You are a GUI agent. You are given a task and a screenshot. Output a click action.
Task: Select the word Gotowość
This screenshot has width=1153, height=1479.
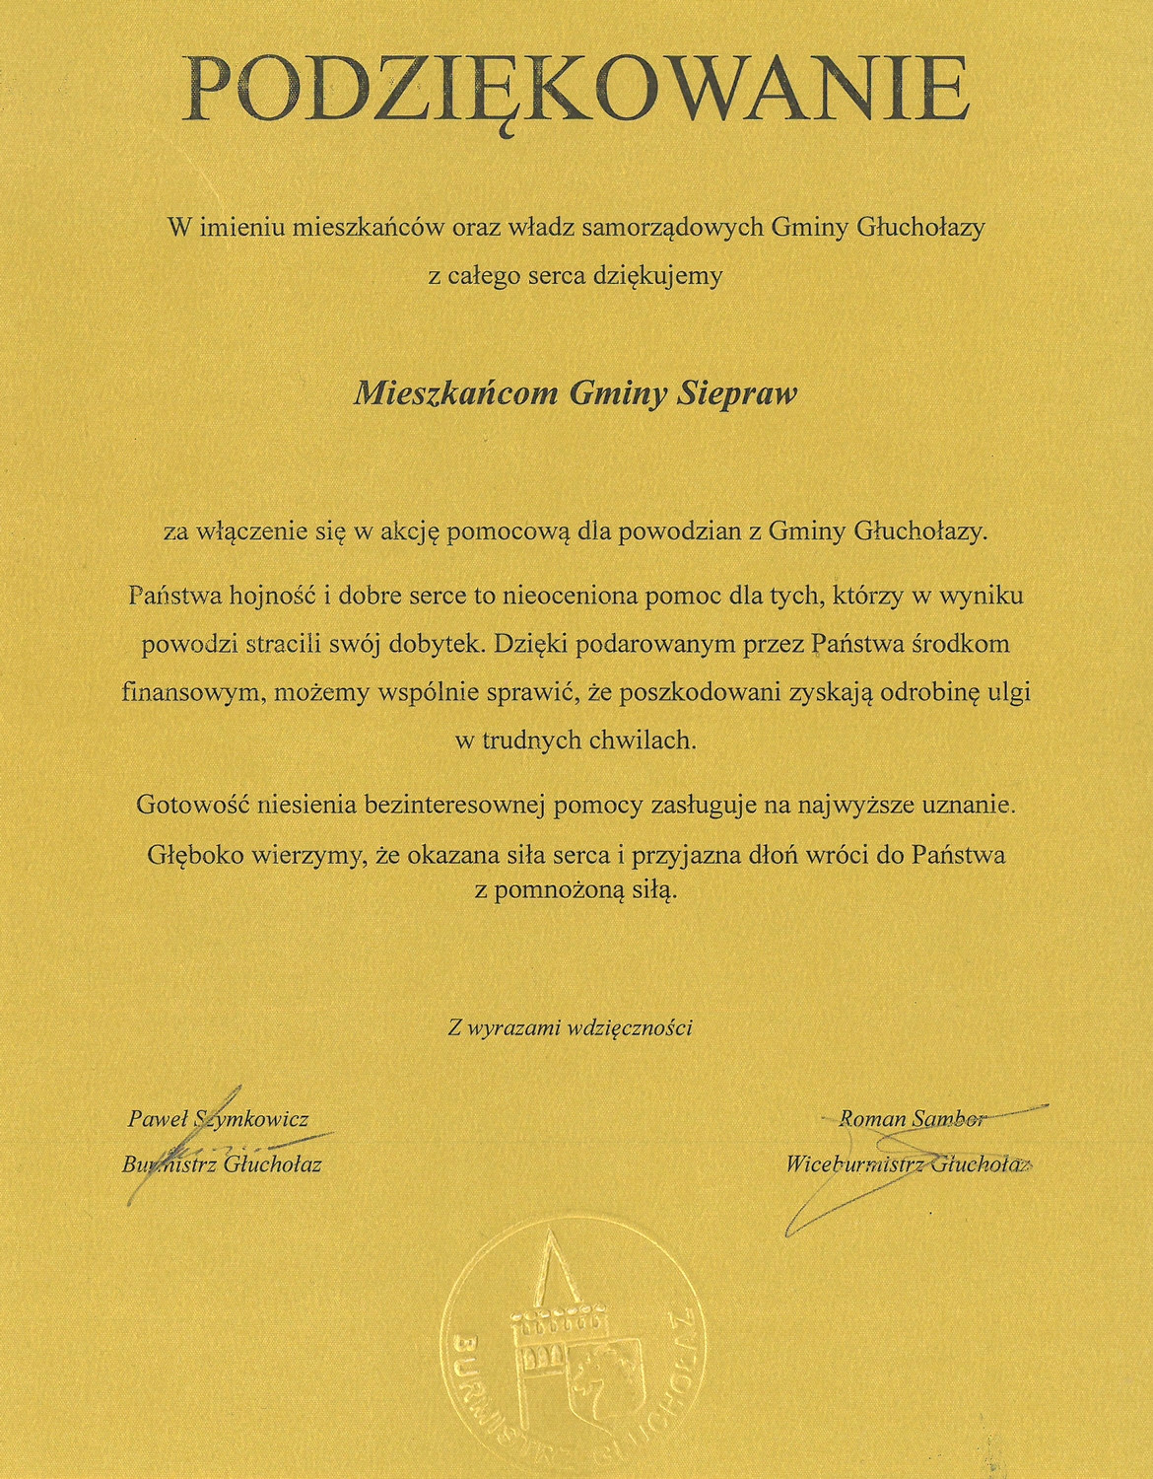191,805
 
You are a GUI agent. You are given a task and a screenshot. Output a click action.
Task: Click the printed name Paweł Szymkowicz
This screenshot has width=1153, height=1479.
218,1119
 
